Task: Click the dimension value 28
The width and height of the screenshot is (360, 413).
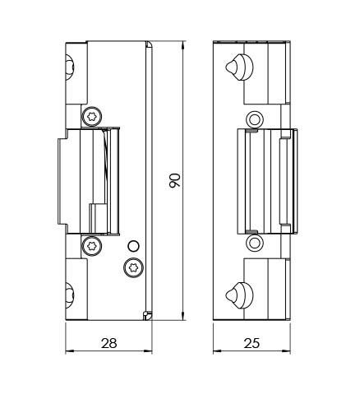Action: pyautogui.click(x=109, y=343)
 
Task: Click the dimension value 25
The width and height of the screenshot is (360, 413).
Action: pyautogui.click(x=252, y=343)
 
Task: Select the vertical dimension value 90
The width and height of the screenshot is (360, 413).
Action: pyautogui.click(x=175, y=180)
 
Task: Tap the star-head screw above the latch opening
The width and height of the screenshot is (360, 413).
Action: pyautogui.click(x=92, y=117)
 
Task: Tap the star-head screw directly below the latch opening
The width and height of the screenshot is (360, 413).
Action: pyautogui.click(x=92, y=246)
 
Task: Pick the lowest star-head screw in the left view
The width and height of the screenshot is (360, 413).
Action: pyautogui.click(x=134, y=267)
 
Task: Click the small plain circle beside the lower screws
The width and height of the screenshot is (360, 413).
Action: pyautogui.click(x=133, y=246)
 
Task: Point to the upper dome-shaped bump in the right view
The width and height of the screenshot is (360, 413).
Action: pyautogui.click(x=239, y=67)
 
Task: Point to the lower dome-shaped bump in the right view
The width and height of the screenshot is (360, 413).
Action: pyautogui.click(x=239, y=295)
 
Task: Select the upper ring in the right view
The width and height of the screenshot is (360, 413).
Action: pyautogui.click(x=255, y=119)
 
